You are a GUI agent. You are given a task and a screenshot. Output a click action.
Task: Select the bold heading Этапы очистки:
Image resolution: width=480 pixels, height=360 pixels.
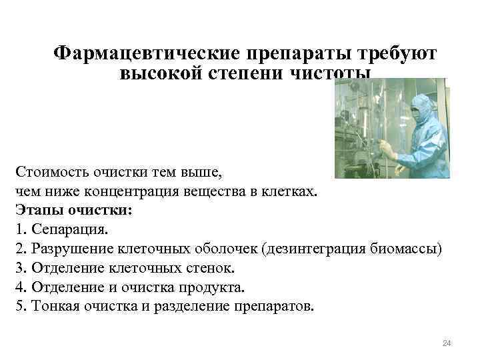[x=73, y=211]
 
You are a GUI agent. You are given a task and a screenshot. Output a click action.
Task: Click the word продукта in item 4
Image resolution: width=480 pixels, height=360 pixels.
[x=216, y=288]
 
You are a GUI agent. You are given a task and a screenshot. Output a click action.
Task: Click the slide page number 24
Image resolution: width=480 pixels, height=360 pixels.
[x=447, y=343]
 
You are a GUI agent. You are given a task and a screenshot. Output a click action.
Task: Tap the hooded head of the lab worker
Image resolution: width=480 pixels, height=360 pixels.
[x=423, y=107]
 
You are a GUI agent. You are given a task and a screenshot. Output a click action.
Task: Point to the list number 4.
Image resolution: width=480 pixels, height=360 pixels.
[x=17, y=288]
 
